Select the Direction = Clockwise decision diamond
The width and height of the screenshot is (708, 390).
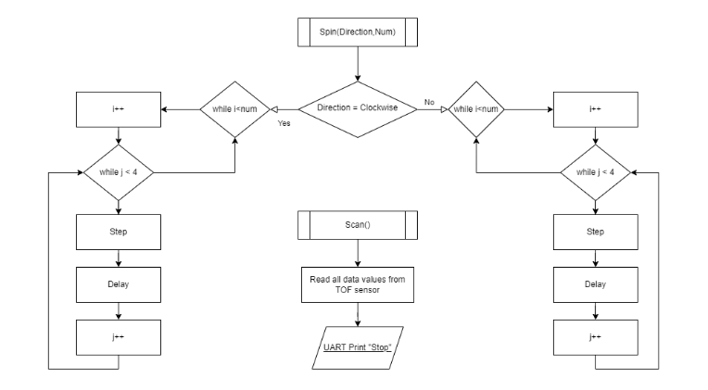tap(357, 109)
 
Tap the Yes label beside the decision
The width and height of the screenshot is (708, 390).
tap(284, 123)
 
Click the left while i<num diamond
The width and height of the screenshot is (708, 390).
tap(235, 109)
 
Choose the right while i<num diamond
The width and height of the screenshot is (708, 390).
tap(476, 109)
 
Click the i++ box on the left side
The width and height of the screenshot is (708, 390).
tap(118, 109)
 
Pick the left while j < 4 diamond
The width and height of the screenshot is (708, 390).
tap(118, 173)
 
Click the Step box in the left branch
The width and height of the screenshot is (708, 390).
tap(118, 232)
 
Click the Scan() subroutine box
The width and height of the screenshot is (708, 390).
tap(357, 224)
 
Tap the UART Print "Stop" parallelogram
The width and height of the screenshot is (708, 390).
tap(357, 342)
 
